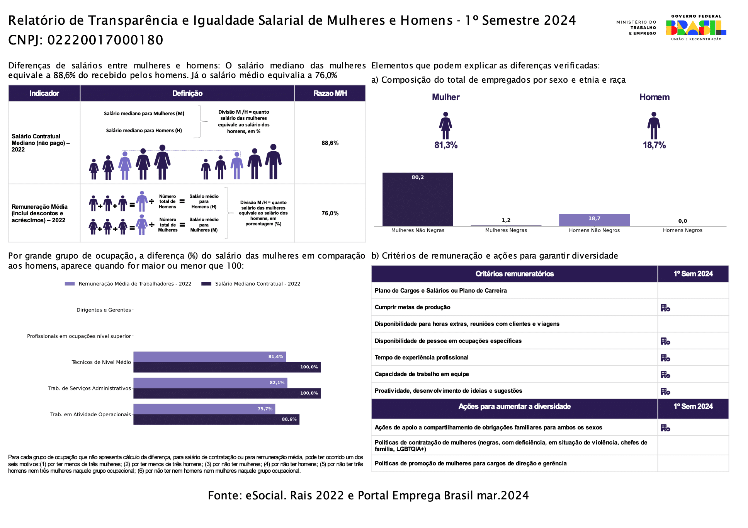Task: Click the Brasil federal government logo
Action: (x=696, y=27)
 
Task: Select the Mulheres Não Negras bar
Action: (x=418, y=199)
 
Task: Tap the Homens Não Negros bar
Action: (x=594, y=220)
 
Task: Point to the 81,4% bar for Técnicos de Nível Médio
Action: (x=209, y=357)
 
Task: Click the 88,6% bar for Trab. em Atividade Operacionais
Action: (x=216, y=419)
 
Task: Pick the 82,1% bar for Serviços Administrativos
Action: (x=210, y=383)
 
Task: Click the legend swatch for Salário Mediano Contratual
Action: (x=206, y=284)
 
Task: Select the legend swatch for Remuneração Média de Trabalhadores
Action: (x=70, y=284)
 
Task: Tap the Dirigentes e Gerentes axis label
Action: (x=104, y=310)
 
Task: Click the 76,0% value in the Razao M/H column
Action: (x=330, y=213)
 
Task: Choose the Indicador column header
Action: (x=44, y=93)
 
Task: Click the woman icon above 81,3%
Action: (x=445, y=125)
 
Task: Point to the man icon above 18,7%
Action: (x=654, y=125)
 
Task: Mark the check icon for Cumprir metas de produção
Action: (x=665, y=308)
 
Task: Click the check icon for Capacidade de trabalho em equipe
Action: (x=665, y=375)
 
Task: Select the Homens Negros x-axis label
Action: (x=683, y=230)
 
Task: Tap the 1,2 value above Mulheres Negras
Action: (x=506, y=220)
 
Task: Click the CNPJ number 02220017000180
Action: (x=105, y=40)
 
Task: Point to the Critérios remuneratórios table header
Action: (x=515, y=274)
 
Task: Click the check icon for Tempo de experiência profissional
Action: (x=665, y=358)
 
